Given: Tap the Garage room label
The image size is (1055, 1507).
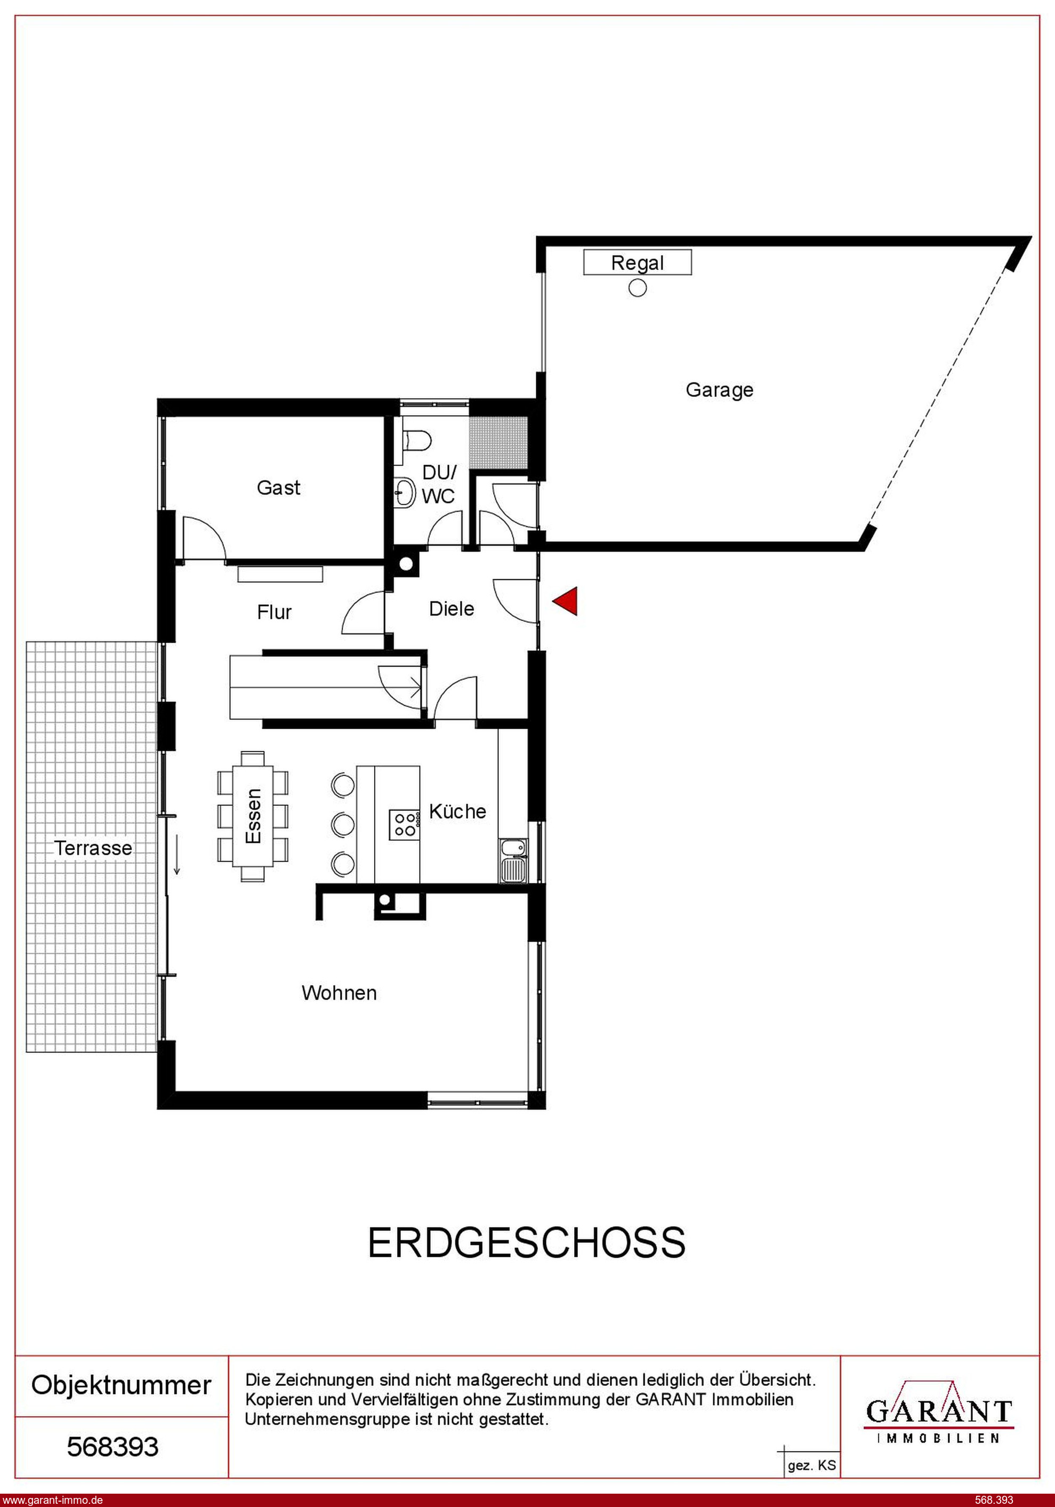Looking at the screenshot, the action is click(719, 390).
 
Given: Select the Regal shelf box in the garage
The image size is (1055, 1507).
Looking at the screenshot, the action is click(637, 262).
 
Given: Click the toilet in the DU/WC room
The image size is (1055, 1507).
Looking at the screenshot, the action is click(415, 439).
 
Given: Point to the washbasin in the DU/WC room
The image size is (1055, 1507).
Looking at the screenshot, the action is click(406, 492).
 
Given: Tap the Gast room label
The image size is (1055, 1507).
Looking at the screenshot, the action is click(278, 488).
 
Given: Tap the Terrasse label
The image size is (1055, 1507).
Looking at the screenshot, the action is click(93, 848).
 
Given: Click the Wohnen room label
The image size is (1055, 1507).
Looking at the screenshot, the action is click(339, 992).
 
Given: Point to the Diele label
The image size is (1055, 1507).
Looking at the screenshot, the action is click(452, 609).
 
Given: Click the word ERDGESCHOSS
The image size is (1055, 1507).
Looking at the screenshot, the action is click(526, 1242).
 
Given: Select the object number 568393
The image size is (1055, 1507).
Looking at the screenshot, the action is click(113, 1447).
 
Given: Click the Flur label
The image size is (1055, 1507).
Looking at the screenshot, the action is click(274, 612).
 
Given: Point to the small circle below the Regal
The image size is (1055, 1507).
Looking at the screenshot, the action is click(638, 288).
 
